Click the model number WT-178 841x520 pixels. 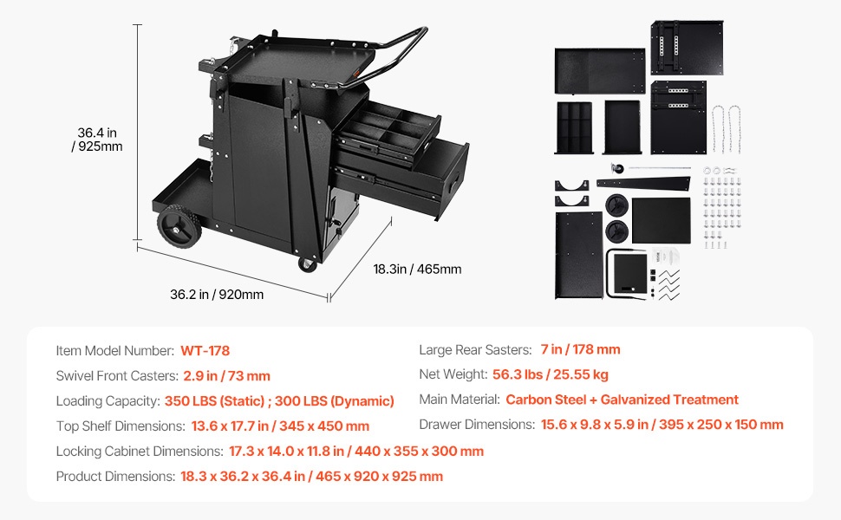(205, 351)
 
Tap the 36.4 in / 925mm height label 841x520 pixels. (97, 140)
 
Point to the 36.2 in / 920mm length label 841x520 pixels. (217, 295)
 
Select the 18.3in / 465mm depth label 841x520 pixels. (417, 270)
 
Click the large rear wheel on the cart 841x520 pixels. (179, 226)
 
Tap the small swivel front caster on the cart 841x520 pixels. (307, 263)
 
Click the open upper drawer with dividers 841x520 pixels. (388, 132)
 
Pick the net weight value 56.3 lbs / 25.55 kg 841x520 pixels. (551, 374)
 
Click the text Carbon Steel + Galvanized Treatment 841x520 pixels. (623, 400)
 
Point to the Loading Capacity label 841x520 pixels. (108, 401)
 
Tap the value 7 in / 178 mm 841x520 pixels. (580, 349)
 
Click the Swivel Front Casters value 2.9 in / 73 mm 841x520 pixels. (227, 376)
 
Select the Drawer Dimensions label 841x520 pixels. (478, 425)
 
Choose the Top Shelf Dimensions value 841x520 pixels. (281, 426)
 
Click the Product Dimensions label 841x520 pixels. (116, 477)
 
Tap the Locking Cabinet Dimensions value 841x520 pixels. (356, 452)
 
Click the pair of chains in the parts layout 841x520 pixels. (727, 129)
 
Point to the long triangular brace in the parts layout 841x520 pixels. (643, 184)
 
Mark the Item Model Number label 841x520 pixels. (115, 351)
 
